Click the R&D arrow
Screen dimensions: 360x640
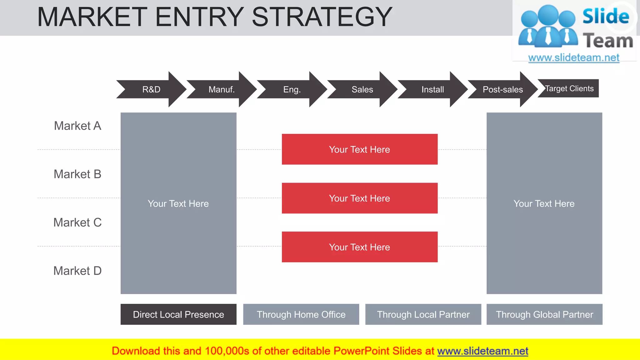click(x=151, y=89)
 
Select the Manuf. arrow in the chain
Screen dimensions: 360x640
click(x=222, y=89)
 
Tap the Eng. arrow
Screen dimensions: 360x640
click(x=292, y=89)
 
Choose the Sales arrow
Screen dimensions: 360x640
click(x=362, y=89)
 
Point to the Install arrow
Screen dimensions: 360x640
click(x=432, y=89)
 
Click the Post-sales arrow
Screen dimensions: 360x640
click(x=502, y=89)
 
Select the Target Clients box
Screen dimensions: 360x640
click(x=569, y=88)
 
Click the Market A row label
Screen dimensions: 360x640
click(x=77, y=126)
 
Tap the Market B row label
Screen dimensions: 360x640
click(x=77, y=174)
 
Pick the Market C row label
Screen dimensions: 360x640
click(x=77, y=222)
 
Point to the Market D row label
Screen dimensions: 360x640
click(x=77, y=271)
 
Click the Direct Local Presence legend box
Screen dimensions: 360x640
click(x=178, y=314)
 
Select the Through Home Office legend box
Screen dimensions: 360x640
click(x=301, y=314)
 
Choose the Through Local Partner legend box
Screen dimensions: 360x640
click(x=423, y=314)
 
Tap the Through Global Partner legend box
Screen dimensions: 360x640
click(x=544, y=314)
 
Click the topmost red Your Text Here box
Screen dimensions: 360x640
click(x=359, y=149)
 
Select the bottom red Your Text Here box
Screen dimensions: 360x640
click(x=359, y=247)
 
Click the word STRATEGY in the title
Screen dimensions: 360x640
click(x=322, y=17)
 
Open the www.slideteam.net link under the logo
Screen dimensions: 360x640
click(x=574, y=57)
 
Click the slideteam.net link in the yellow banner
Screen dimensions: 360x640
click(x=482, y=351)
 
